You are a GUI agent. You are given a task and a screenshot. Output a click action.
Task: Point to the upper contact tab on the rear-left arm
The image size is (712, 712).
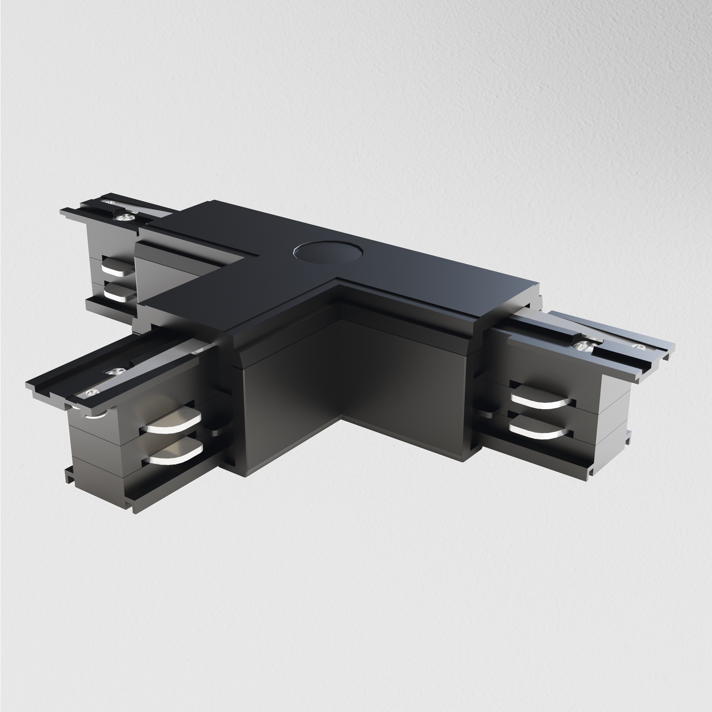tap(117, 267)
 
